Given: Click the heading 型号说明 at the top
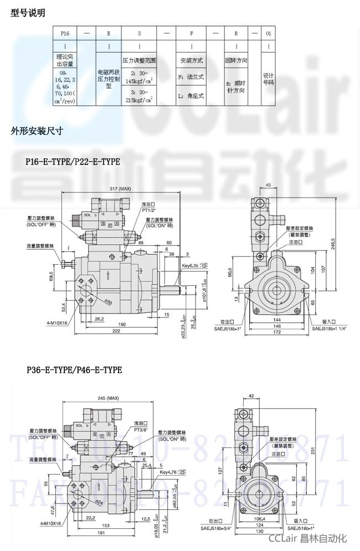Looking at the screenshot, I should tap(28, 13).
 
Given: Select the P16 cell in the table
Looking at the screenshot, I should tap(65, 34).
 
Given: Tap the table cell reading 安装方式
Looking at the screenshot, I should tap(191, 60).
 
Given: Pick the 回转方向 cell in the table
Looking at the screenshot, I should tap(235, 60).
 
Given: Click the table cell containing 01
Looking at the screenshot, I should tap(269, 34).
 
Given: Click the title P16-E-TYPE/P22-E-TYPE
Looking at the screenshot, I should tap(72, 162).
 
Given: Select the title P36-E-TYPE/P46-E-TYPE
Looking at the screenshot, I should tap(73, 369).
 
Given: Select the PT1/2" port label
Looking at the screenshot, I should tap(150, 210).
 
